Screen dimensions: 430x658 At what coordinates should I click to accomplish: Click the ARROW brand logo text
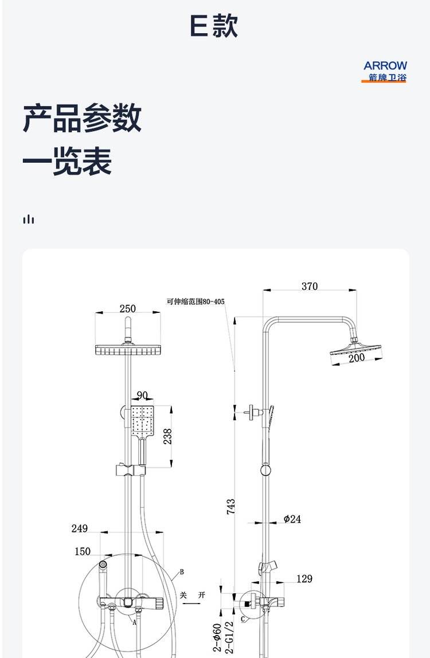[x=385, y=65]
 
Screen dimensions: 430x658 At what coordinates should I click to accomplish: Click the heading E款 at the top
[x=214, y=25]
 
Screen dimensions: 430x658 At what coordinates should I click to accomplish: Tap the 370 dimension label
[x=310, y=286]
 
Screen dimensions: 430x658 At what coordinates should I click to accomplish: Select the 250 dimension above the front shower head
[x=128, y=308]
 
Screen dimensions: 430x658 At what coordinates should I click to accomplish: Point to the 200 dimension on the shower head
[x=357, y=358]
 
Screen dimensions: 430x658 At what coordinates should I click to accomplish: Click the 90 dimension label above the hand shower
[x=142, y=395]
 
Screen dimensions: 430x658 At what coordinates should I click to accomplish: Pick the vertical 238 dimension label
[x=167, y=436]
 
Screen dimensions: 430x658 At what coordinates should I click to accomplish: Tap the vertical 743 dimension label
[x=231, y=507]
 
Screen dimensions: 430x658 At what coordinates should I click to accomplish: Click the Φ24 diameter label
[x=292, y=519]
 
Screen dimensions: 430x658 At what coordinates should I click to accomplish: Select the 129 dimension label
[x=304, y=579]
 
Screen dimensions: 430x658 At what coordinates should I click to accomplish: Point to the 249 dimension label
[x=79, y=528]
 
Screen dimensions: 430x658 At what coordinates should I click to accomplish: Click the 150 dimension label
[x=83, y=551]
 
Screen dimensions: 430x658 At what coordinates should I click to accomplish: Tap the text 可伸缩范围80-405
[x=196, y=301]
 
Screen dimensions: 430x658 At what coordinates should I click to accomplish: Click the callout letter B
[x=182, y=571]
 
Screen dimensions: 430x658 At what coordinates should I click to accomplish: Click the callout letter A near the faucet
[x=135, y=622]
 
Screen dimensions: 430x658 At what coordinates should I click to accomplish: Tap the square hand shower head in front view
[x=142, y=421]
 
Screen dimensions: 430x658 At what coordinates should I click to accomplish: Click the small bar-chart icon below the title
[x=29, y=219]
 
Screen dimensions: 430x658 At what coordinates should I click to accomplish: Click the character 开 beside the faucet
[x=202, y=595]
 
